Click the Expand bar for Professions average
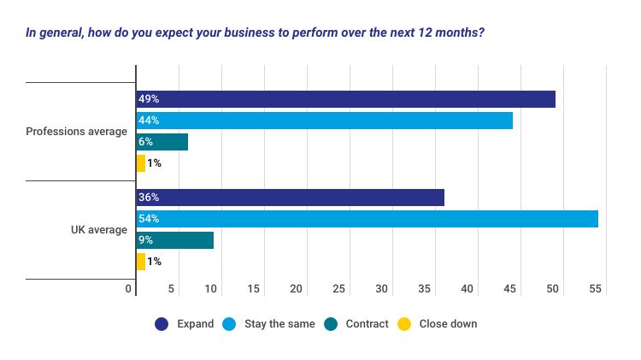tap(346, 99)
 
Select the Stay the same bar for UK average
tap(368, 219)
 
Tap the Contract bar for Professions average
tap(162, 142)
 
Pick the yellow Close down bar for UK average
tap(141, 262)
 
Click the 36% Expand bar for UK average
tap(291, 198)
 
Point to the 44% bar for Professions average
tap(325, 121)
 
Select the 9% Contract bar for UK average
tap(175, 240)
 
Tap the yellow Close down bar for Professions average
tap(141, 163)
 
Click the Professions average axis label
tap(76, 132)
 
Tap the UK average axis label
tap(99, 230)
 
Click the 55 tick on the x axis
tap(596, 289)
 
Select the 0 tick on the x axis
tap(129, 289)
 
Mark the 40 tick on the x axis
tap(468, 289)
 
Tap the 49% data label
tap(149, 99)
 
